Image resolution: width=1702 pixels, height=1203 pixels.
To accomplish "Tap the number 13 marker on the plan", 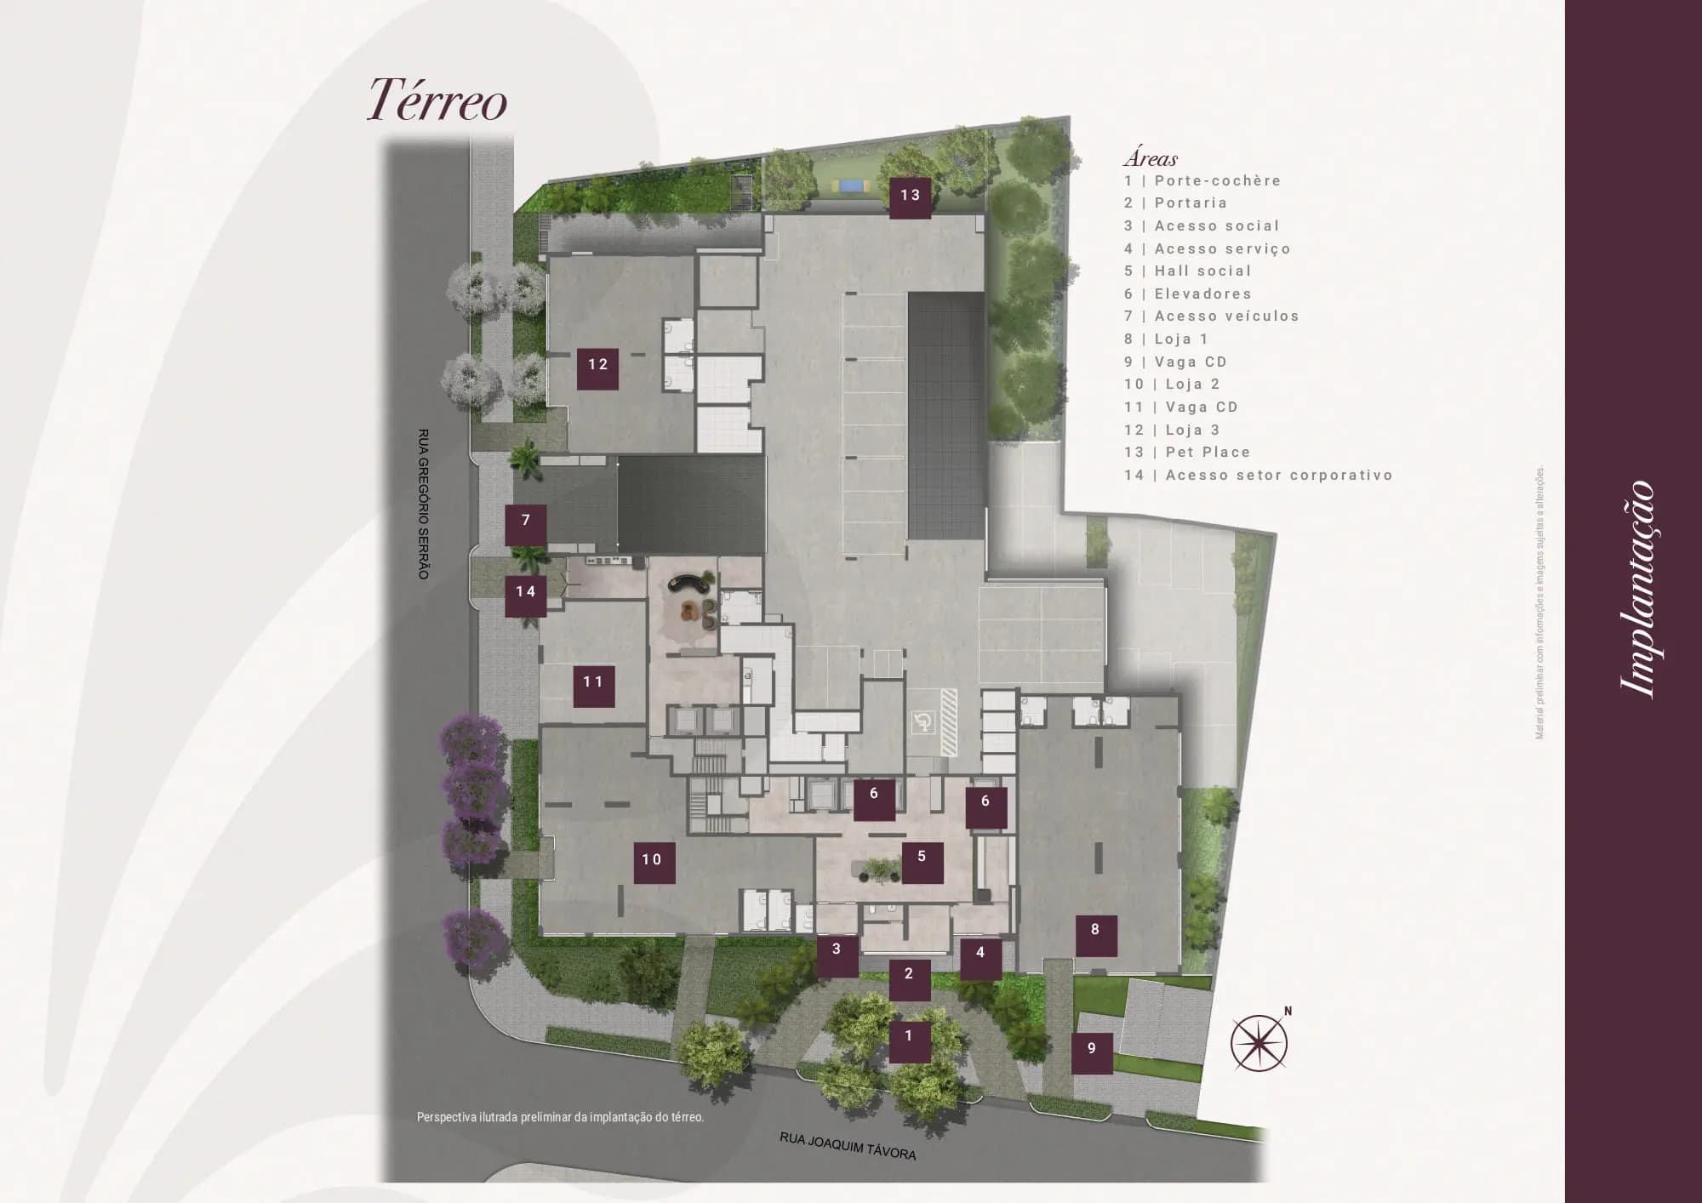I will click(910, 196).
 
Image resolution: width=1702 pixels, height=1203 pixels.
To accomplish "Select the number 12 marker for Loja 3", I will click(597, 365).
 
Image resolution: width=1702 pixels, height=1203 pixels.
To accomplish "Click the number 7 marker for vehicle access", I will click(525, 521).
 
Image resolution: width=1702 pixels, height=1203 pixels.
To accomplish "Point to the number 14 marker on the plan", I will click(525, 592).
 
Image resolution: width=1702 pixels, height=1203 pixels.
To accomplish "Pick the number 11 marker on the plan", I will click(593, 682).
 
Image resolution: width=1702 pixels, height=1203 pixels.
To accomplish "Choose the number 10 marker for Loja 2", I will click(652, 860).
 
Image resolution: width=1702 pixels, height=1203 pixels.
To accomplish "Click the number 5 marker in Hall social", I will click(921, 858).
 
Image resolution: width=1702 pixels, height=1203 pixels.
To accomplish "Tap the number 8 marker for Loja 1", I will click(1094, 931).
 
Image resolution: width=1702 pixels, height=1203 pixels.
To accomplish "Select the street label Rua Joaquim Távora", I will click(848, 1147).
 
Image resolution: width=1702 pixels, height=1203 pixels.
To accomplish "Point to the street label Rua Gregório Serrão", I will click(424, 504).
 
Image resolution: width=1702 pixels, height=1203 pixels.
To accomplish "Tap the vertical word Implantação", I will click(1637, 590).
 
